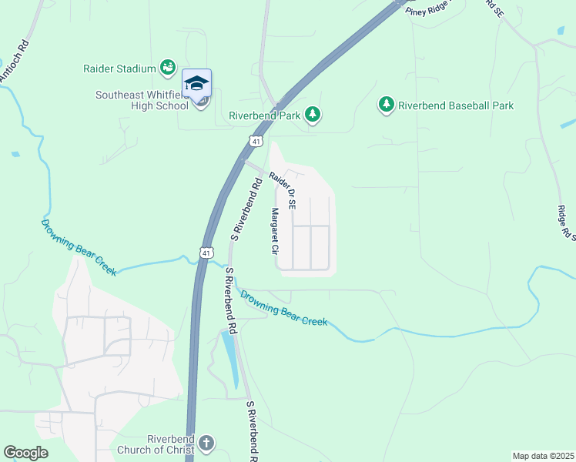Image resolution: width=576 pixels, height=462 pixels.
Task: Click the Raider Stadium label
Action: click(x=119, y=69)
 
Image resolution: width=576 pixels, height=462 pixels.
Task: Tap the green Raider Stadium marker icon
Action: click(x=167, y=68)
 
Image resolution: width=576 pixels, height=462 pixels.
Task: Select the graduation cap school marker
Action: click(x=196, y=82)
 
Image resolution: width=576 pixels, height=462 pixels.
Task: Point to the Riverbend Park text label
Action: click(x=263, y=115)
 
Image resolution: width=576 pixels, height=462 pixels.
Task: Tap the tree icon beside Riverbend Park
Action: click(x=313, y=115)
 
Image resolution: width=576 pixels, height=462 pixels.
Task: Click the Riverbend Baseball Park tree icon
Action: click(x=386, y=104)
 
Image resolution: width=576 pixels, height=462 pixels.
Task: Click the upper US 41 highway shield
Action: click(x=256, y=140)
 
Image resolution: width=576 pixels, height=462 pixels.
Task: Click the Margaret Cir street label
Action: click(x=273, y=232)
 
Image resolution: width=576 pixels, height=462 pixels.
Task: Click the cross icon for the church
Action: click(x=205, y=444)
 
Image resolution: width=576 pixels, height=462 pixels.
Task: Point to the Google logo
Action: click(x=25, y=453)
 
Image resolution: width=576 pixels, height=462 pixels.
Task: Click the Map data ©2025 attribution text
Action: click(x=542, y=456)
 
